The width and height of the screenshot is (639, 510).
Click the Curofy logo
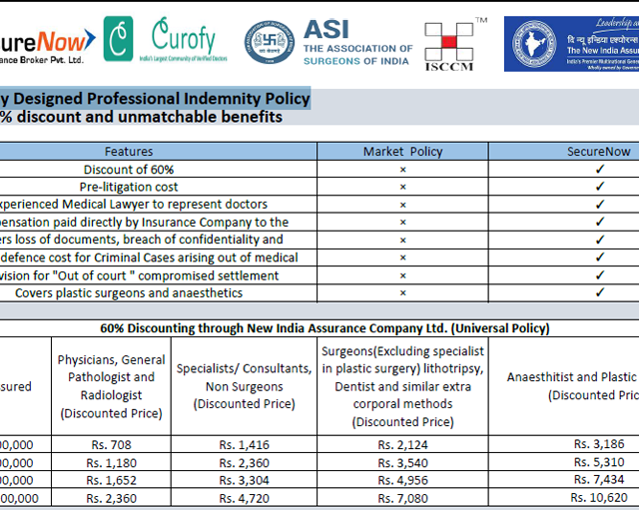[183, 42]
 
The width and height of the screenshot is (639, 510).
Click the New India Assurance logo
[571, 44]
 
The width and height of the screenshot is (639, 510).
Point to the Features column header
[129, 152]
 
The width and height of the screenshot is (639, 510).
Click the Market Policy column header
[402, 152]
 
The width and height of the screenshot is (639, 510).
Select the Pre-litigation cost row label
[129, 187]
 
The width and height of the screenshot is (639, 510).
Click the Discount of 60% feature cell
[129, 169]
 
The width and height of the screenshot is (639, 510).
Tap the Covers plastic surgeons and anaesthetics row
[129, 292]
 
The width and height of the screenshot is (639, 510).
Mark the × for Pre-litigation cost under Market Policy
[402, 187]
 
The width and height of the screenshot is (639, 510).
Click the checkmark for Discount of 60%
[600, 169]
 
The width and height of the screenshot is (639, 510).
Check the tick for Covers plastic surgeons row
[600, 292]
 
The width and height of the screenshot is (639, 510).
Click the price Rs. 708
[110, 444]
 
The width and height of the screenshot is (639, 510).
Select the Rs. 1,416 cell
[245, 444]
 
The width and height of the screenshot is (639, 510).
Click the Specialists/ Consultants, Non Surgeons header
[245, 386]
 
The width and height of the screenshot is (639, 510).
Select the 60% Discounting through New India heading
[324, 327]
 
